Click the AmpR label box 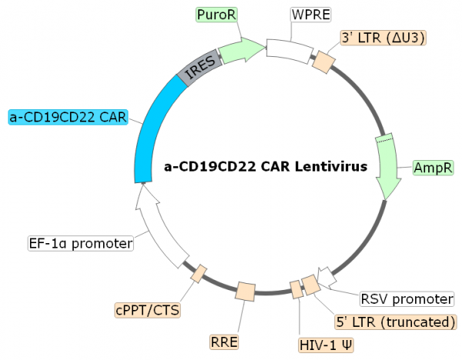coord(433,167)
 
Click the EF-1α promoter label coord(80,244)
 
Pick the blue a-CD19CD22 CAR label coord(67,117)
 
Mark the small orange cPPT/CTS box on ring coord(199,272)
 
